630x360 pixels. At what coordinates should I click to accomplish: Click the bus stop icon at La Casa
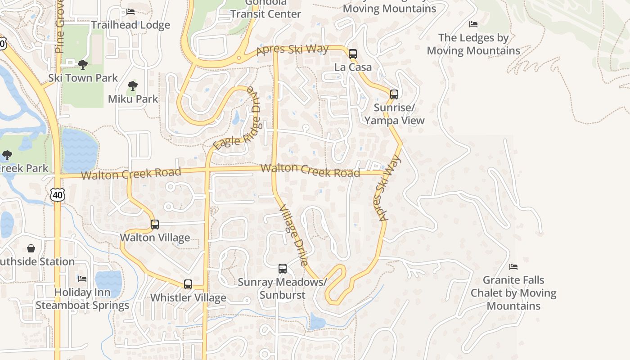(353, 54)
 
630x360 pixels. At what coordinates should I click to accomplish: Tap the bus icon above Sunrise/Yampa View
(394, 94)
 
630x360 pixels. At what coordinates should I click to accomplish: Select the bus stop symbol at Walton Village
(155, 224)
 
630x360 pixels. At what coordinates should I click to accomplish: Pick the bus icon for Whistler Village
(188, 284)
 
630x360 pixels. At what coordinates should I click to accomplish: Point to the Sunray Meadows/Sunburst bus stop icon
(283, 269)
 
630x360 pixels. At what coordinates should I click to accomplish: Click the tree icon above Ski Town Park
(82, 65)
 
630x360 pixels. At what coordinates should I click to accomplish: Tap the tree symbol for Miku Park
(132, 85)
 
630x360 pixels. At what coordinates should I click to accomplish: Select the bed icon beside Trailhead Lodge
(130, 12)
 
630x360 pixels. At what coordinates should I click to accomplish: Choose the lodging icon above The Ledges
(473, 24)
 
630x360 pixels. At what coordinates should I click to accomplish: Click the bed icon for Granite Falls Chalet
(513, 267)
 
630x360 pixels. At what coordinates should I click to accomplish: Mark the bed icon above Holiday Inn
(82, 279)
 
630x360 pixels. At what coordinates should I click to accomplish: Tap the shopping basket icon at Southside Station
(31, 248)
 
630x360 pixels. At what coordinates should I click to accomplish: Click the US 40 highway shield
(57, 195)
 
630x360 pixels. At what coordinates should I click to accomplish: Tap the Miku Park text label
(133, 99)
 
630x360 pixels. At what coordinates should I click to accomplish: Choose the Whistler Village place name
(188, 297)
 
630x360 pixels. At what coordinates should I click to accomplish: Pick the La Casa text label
(353, 67)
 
